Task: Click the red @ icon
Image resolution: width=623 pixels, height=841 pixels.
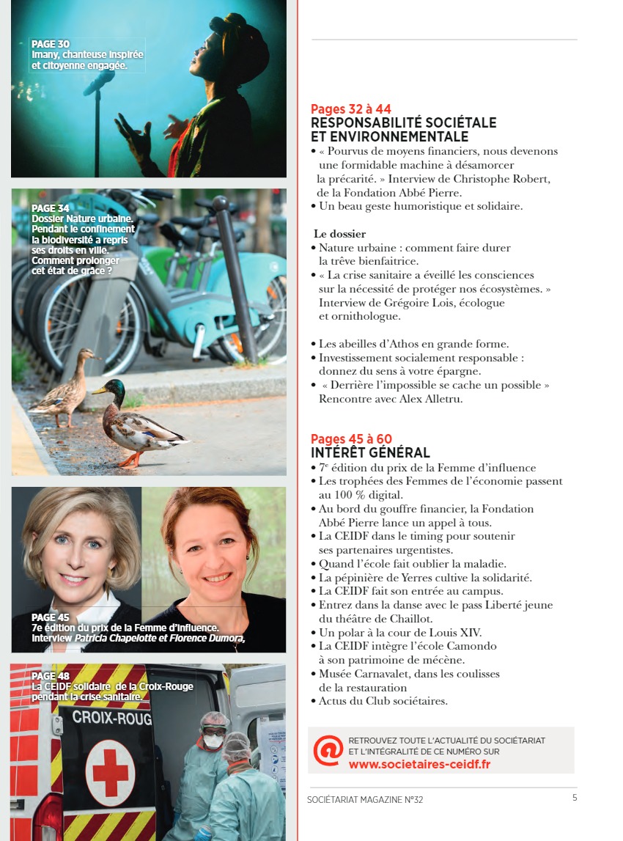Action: tap(328, 749)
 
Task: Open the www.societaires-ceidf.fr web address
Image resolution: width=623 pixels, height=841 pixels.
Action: tap(419, 764)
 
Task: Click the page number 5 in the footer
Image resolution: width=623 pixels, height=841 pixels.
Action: tap(575, 798)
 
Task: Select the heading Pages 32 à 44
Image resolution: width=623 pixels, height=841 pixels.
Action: tap(351, 109)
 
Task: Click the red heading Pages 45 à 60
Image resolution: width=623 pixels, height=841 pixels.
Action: tap(351, 439)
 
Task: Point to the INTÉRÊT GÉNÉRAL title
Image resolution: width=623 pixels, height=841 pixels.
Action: tap(370, 453)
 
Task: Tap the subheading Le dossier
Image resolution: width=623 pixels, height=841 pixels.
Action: tap(340, 234)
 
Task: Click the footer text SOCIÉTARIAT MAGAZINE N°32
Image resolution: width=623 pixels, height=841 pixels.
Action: tap(365, 799)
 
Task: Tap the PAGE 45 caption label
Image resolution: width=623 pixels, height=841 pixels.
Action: tap(51, 617)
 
